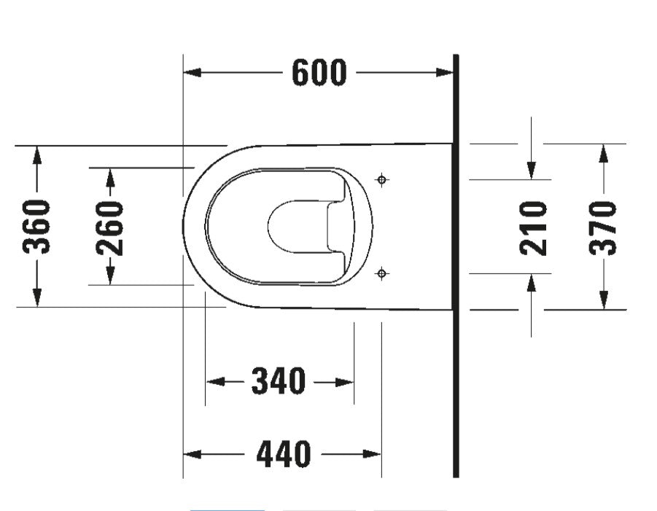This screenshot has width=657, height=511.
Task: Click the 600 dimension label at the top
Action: (319, 72)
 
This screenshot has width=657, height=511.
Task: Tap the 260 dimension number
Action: (110, 227)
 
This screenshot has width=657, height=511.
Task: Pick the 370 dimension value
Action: (603, 227)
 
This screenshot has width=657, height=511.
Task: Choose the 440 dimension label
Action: (283, 454)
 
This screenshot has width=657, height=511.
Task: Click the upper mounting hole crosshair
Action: (381, 179)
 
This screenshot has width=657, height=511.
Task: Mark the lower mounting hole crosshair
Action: (381, 273)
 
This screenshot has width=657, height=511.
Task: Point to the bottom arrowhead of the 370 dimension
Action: (603, 300)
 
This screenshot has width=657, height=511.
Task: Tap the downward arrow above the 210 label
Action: (532, 170)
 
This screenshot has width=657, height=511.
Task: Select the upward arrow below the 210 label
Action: (532, 283)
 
